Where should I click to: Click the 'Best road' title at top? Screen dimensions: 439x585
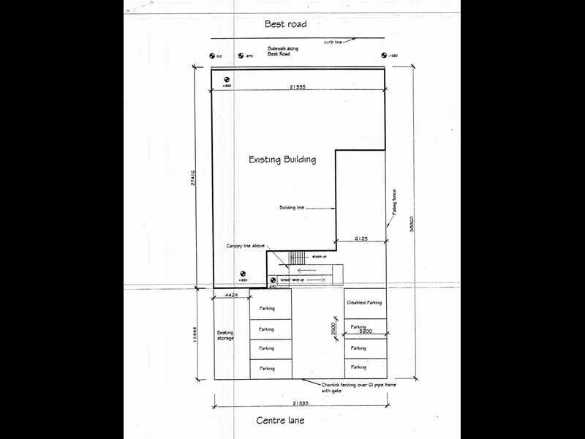tap(286, 24)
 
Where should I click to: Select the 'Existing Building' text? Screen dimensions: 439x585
tap(282, 160)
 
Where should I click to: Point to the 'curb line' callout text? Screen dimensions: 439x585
tap(334, 42)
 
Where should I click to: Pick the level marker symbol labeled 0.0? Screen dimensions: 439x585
tap(213, 56)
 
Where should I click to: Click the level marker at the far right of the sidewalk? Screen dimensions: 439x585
tap(384, 56)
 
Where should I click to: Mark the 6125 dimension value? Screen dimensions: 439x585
tap(360, 238)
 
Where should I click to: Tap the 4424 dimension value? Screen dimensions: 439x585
tap(231, 294)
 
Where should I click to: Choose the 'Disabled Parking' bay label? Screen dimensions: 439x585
tap(365, 303)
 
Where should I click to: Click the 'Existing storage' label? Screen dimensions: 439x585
tap(224, 335)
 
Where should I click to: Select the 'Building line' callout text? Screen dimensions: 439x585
tap(291, 208)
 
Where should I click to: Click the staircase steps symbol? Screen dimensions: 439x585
tap(296, 258)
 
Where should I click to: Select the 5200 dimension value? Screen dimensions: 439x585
tap(365, 332)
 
